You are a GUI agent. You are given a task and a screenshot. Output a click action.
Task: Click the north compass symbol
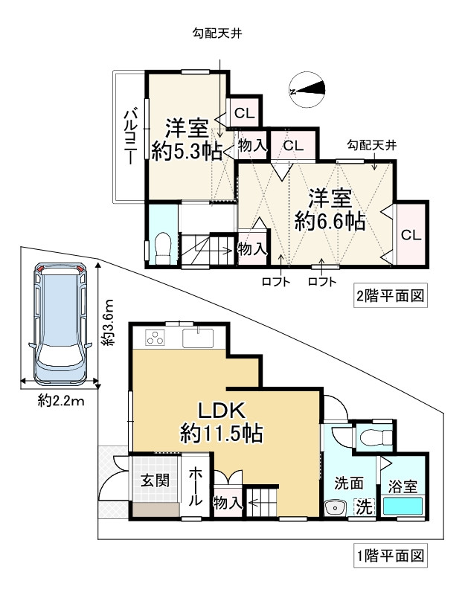pyautogui.click(x=308, y=89)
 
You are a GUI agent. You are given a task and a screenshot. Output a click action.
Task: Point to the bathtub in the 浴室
pyautogui.click(x=403, y=506)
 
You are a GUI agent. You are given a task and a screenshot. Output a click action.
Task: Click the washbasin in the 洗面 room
pyautogui.click(x=336, y=509)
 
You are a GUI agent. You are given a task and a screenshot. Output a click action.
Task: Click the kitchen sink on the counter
pyautogui.click(x=197, y=338)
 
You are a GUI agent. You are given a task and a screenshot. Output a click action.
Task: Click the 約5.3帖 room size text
pyautogui.click(x=186, y=151)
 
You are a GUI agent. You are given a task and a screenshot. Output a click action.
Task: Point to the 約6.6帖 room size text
pyautogui.click(x=330, y=221)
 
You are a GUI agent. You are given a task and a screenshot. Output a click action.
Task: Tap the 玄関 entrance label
pyautogui.click(x=155, y=480)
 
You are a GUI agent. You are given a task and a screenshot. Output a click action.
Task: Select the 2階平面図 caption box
pyautogui.click(x=391, y=295)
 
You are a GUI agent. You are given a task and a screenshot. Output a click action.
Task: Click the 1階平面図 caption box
pyautogui.click(x=391, y=555)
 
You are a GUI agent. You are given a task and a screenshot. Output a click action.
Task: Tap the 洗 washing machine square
pyautogui.click(x=364, y=508)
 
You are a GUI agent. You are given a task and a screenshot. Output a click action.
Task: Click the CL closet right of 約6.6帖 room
pyautogui.click(x=411, y=234)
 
